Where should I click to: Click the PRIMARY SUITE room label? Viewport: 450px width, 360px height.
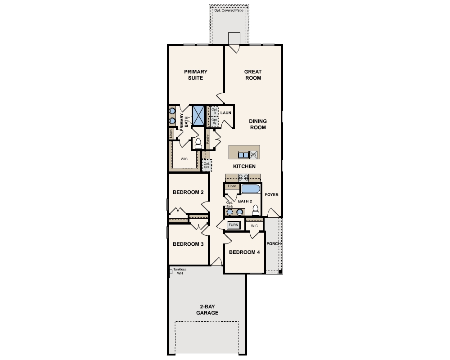(196, 75)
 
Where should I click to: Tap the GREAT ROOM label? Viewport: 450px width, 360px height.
(252, 75)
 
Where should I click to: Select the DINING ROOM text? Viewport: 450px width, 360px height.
(258, 124)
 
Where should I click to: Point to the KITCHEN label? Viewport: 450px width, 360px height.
(244, 166)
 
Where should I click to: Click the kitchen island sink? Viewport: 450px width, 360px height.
(243, 155)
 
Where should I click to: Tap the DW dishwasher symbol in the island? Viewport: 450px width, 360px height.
(253, 154)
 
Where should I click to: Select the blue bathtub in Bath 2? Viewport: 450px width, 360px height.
(250, 189)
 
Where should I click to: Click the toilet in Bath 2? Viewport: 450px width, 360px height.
(256, 210)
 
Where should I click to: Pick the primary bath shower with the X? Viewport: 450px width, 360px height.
(198, 115)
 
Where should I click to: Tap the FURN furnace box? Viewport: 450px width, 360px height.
(233, 225)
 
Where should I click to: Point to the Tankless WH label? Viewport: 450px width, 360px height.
(180, 271)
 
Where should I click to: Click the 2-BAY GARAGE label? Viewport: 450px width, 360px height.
(207, 310)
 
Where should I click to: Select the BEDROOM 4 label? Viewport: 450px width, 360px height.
(244, 252)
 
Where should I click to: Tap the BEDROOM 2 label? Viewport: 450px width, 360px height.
(188, 193)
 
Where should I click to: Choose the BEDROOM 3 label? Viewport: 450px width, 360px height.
(188, 244)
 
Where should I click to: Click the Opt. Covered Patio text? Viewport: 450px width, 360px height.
(229, 10)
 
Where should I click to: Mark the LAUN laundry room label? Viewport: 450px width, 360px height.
(225, 113)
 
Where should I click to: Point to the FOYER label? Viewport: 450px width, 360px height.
(271, 195)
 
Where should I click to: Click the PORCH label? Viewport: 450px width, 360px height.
(273, 244)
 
